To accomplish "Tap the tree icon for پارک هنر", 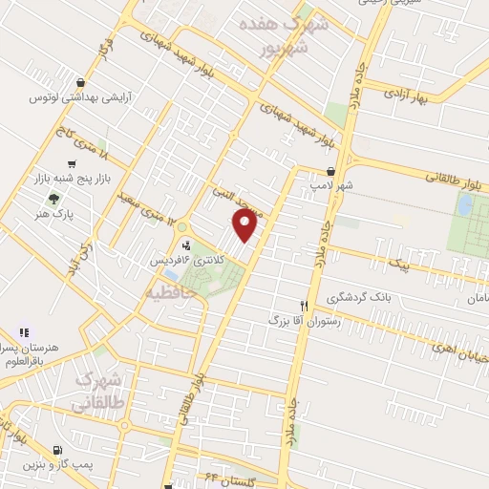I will pyautogui.click(x=53, y=200).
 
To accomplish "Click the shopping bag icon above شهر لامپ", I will pyautogui.click(x=330, y=170).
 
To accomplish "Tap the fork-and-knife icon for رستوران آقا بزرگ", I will pyautogui.click(x=305, y=305).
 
